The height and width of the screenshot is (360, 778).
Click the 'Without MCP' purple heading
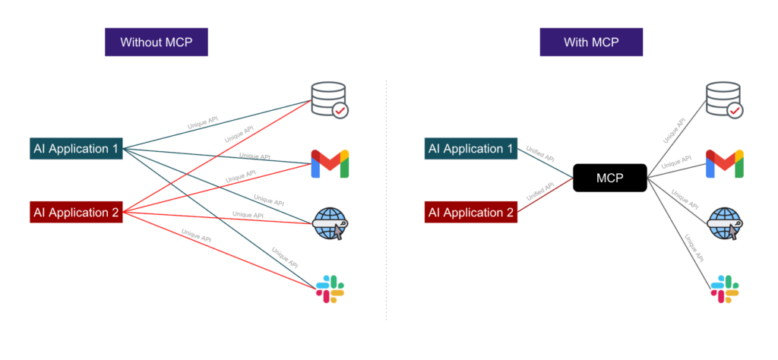pos(156,42)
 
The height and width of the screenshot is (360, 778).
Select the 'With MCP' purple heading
pos(591,42)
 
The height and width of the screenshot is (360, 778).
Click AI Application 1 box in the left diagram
pos(76,148)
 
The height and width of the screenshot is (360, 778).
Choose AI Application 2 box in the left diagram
pos(76,213)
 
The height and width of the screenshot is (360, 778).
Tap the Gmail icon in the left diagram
pos(330,163)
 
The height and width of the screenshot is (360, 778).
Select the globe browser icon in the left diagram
pos(330,225)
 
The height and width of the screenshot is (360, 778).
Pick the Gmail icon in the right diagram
pos(724,163)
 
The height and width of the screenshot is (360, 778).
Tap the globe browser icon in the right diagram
pos(724,225)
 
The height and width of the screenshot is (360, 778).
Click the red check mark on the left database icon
pos(339,111)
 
